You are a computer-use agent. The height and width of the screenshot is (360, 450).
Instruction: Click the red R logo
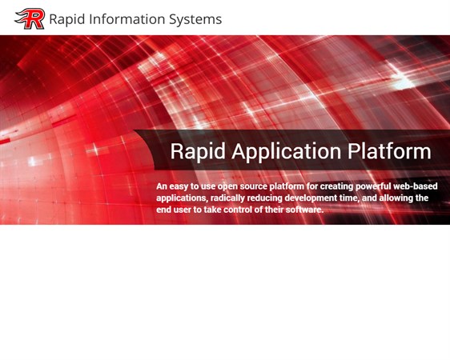[30, 19]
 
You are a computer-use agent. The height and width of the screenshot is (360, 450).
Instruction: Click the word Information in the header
[127, 19]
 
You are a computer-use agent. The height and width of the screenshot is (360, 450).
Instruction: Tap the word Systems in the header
[195, 20]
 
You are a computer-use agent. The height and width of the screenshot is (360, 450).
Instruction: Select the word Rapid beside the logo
[67, 20]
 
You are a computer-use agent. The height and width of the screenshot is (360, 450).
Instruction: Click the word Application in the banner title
[287, 152]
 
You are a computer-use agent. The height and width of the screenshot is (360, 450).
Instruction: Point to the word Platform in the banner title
[389, 150]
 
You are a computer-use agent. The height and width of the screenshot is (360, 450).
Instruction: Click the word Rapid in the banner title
[198, 152]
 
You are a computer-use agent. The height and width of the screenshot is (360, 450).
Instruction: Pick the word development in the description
[311, 198]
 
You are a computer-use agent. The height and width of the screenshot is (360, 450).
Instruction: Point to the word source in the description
[253, 187]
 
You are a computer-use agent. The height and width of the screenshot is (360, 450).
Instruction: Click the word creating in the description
[337, 186]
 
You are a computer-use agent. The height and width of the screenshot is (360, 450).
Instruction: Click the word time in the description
[349, 198]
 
